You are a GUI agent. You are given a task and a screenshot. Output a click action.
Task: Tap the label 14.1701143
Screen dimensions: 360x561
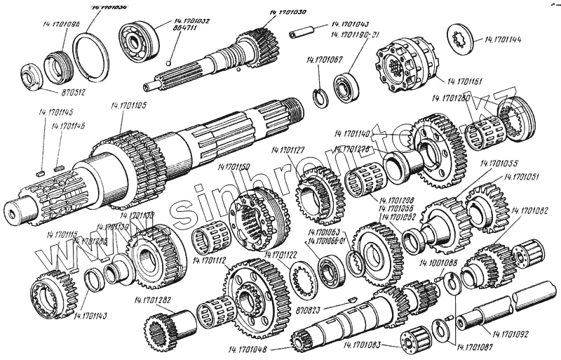[88, 315]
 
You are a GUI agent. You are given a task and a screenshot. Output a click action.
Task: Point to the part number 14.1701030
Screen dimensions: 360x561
[288, 13]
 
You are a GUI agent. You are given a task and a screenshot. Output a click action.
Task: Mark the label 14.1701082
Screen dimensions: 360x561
[530, 211]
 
